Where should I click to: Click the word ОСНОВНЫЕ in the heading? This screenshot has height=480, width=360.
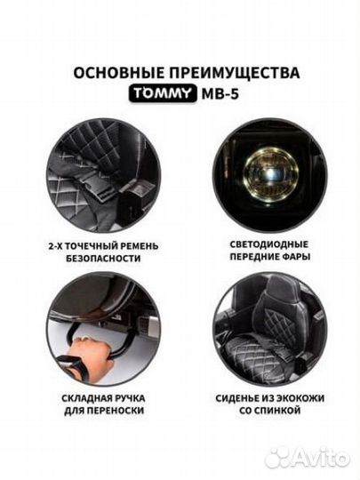coord(119,73)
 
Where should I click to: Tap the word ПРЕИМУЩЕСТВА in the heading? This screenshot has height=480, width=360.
coord(235,73)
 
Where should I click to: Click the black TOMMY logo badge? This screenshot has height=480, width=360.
coord(163,93)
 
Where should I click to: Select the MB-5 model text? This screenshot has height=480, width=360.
coord(220,94)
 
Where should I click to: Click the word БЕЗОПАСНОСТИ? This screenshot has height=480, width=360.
coord(103,259)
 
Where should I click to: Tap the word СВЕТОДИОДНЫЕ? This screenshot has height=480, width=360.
coord(269,244)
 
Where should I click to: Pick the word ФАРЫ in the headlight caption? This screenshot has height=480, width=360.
coord(296,257)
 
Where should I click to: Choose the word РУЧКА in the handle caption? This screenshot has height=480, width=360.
coord(129,398)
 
